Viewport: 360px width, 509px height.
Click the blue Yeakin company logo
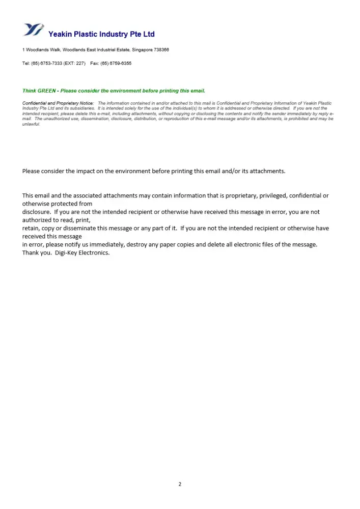tap(34, 30)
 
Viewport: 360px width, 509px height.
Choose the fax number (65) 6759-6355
tap(116, 64)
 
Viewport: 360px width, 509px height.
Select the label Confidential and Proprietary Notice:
tap(58, 103)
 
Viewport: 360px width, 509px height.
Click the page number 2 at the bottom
tap(180, 484)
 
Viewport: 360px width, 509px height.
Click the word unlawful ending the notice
tap(31, 124)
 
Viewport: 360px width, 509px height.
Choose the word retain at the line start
tap(30, 229)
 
